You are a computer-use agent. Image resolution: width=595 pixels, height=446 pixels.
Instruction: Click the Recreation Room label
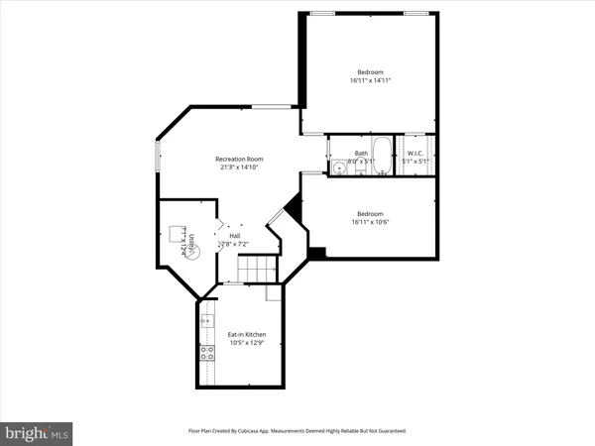(240, 160)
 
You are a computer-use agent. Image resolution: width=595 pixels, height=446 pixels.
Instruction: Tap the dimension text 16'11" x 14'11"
(370, 81)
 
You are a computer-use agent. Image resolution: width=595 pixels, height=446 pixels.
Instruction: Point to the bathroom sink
(340, 167)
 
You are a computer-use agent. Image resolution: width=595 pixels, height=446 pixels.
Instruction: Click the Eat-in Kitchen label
(244, 335)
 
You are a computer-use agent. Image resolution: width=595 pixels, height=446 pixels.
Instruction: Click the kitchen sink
(207, 321)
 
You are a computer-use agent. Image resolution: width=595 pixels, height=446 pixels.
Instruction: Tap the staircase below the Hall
(262, 267)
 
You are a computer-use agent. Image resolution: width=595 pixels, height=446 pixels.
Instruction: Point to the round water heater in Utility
(194, 252)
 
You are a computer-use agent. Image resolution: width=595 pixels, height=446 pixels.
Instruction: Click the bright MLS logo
(38, 431)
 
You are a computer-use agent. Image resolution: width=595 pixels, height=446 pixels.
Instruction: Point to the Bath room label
(362, 153)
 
